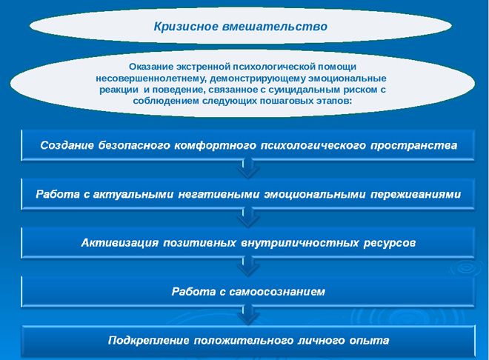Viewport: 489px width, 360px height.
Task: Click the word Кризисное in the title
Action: point(184,26)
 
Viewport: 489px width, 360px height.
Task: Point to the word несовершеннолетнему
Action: point(144,78)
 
